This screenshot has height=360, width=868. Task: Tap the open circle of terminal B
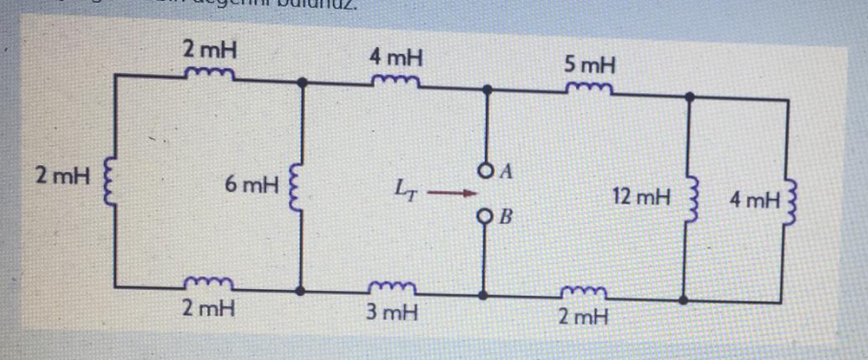[x=488, y=214]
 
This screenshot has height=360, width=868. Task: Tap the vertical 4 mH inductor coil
[x=789, y=200]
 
